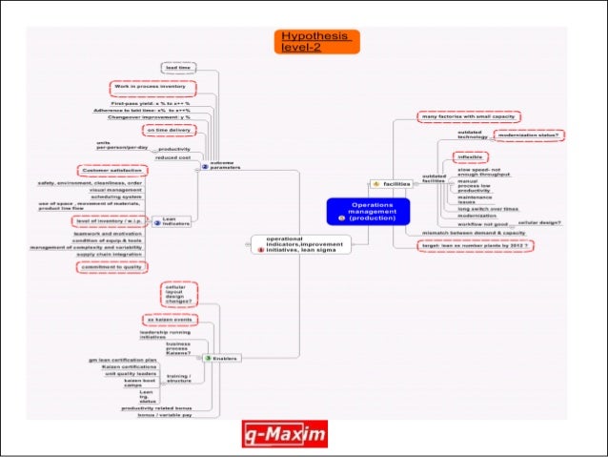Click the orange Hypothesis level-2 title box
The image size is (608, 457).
coord(316,41)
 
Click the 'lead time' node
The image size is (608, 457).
coord(179,68)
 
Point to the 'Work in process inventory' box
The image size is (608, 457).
coord(149,87)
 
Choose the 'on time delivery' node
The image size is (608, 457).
coord(168,130)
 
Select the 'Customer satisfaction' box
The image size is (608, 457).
coord(114,171)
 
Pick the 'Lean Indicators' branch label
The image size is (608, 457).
coord(175,221)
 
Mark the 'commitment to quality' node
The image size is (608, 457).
coord(111,267)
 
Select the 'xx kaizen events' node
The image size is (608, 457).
coord(169,320)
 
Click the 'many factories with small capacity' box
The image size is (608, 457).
coord(469,116)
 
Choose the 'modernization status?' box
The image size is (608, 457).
coord(527,135)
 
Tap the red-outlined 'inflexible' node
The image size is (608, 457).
coord(472,156)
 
